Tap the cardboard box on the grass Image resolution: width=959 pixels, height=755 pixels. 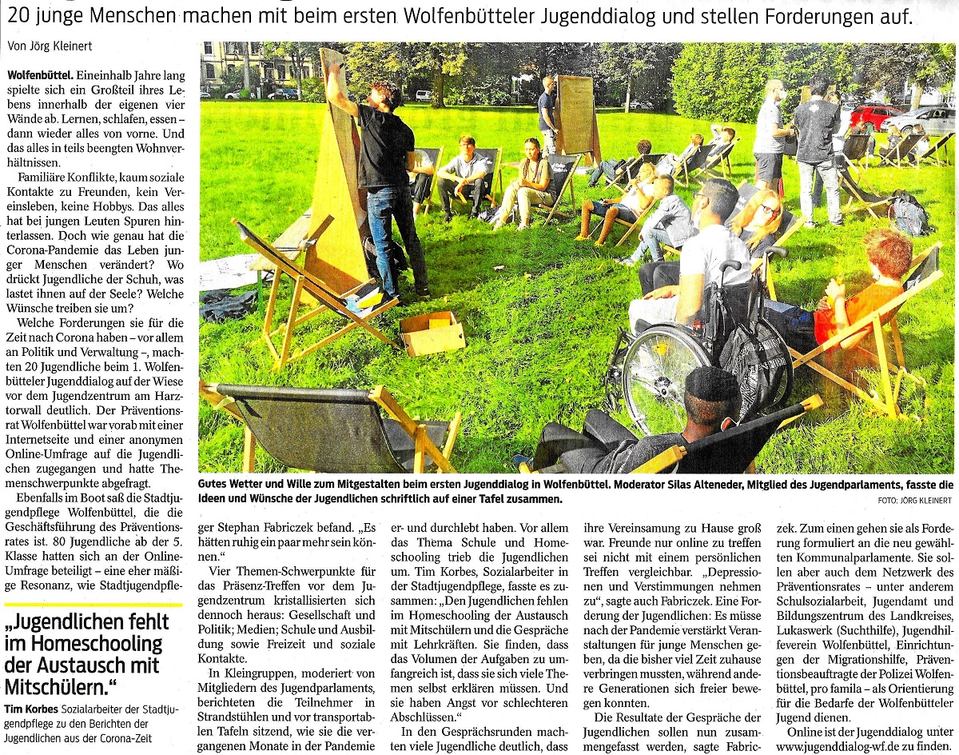tap(432, 333)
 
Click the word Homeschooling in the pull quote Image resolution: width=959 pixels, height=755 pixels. tap(86, 644)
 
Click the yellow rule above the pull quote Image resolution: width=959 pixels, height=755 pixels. tap(93, 605)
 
